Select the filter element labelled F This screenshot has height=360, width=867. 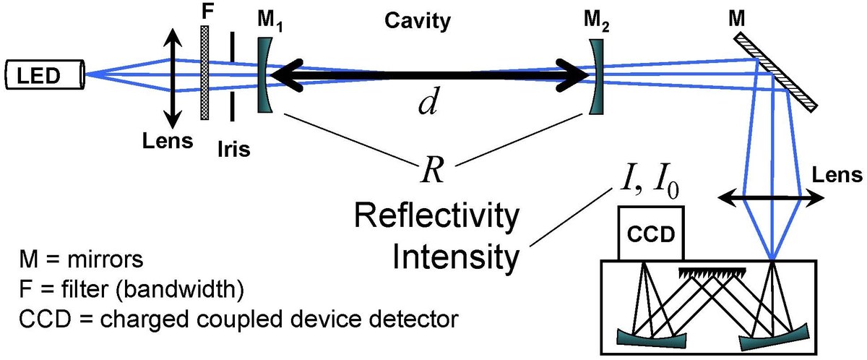pos(204,72)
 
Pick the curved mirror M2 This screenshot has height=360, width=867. pos(596,75)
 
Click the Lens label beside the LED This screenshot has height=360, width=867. pos(168,140)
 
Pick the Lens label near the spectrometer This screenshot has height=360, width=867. pos(835,174)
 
